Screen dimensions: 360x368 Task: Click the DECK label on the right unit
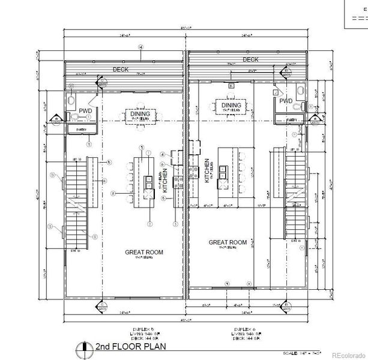click(x=250, y=59)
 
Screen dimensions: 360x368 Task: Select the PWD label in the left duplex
click(x=86, y=111)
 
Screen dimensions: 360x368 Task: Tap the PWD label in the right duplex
click(x=286, y=101)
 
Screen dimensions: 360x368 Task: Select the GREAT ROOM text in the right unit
click(x=228, y=242)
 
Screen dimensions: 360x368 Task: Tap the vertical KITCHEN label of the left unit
click(x=164, y=181)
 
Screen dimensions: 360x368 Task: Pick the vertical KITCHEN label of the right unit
click(x=207, y=171)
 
